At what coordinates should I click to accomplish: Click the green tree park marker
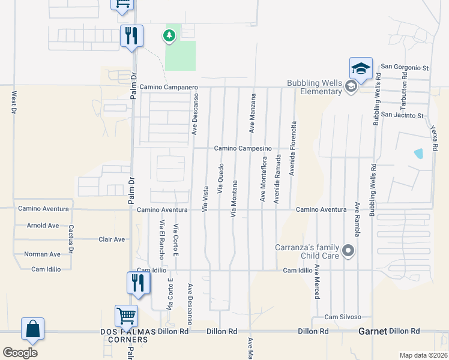pos(169,36)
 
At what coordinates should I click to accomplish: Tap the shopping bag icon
pos(32,329)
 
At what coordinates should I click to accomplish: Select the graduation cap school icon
pos(361,68)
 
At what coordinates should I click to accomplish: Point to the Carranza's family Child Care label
pos(307,251)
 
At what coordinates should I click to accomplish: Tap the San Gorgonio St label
pos(405,67)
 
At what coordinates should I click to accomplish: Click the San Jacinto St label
pos(402,115)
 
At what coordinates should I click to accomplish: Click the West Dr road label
pos(13,103)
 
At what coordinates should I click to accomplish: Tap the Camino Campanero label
pos(169,87)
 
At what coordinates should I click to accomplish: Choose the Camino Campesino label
pos(243,148)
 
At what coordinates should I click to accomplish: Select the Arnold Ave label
pos(43,226)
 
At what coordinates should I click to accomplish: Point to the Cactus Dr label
pos(71,239)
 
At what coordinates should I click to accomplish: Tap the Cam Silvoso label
pos(343,316)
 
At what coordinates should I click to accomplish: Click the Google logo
pos(20,353)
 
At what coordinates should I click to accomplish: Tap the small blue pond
pos(418,153)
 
